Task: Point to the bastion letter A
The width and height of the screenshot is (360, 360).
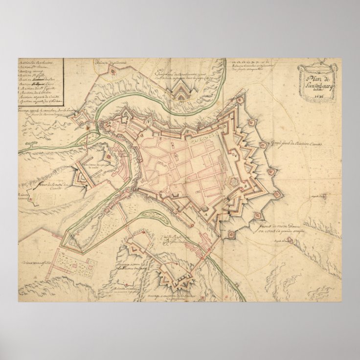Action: tap(206, 214)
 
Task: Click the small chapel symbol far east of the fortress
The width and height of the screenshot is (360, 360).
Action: tap(323, 197)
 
